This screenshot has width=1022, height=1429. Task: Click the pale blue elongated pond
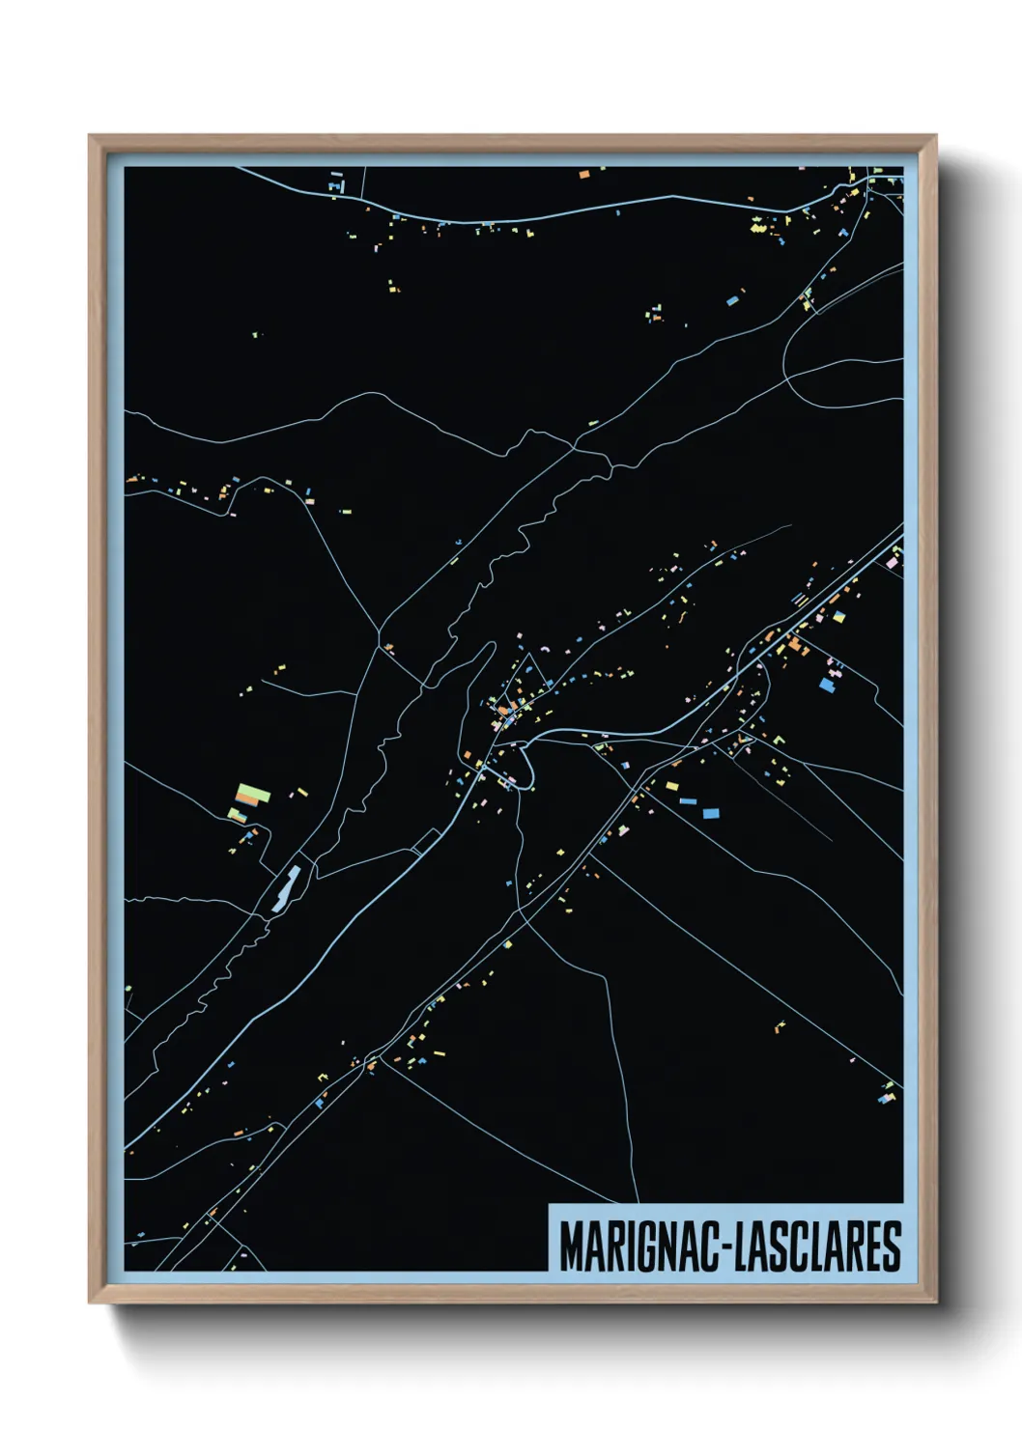coord(286,887)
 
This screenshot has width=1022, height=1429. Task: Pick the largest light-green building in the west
coord(251,795)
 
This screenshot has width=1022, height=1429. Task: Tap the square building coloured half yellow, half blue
coord(840,615)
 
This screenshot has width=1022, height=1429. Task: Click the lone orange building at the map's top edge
coord(583,175)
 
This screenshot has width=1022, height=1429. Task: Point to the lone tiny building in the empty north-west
coord(256,335)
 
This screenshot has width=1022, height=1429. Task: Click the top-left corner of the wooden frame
coord(91,136)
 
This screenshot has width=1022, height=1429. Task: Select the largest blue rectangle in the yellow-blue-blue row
coord(711,813)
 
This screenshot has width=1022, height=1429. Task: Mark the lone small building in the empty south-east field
coord(781,1025)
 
